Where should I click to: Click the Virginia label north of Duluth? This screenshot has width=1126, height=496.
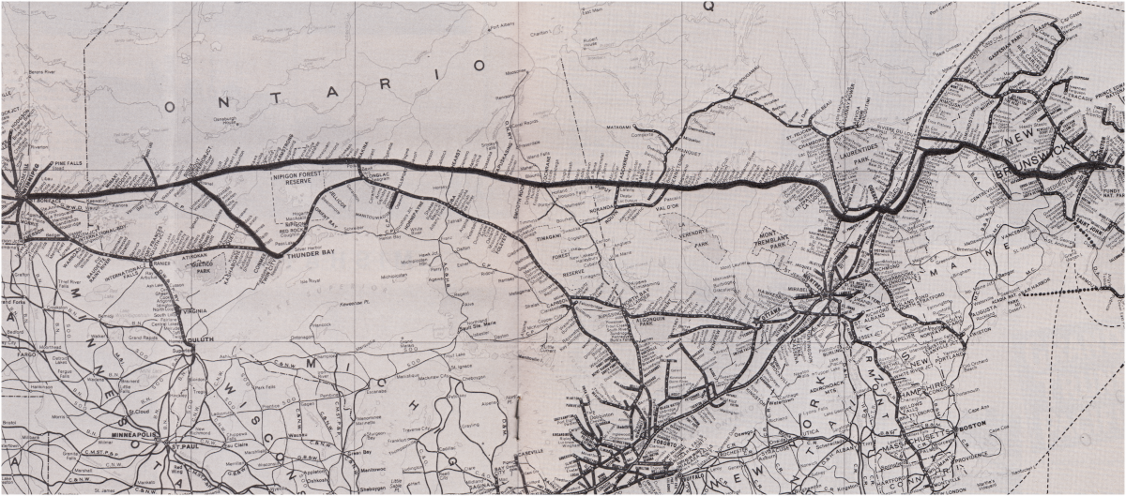(195, 310)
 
